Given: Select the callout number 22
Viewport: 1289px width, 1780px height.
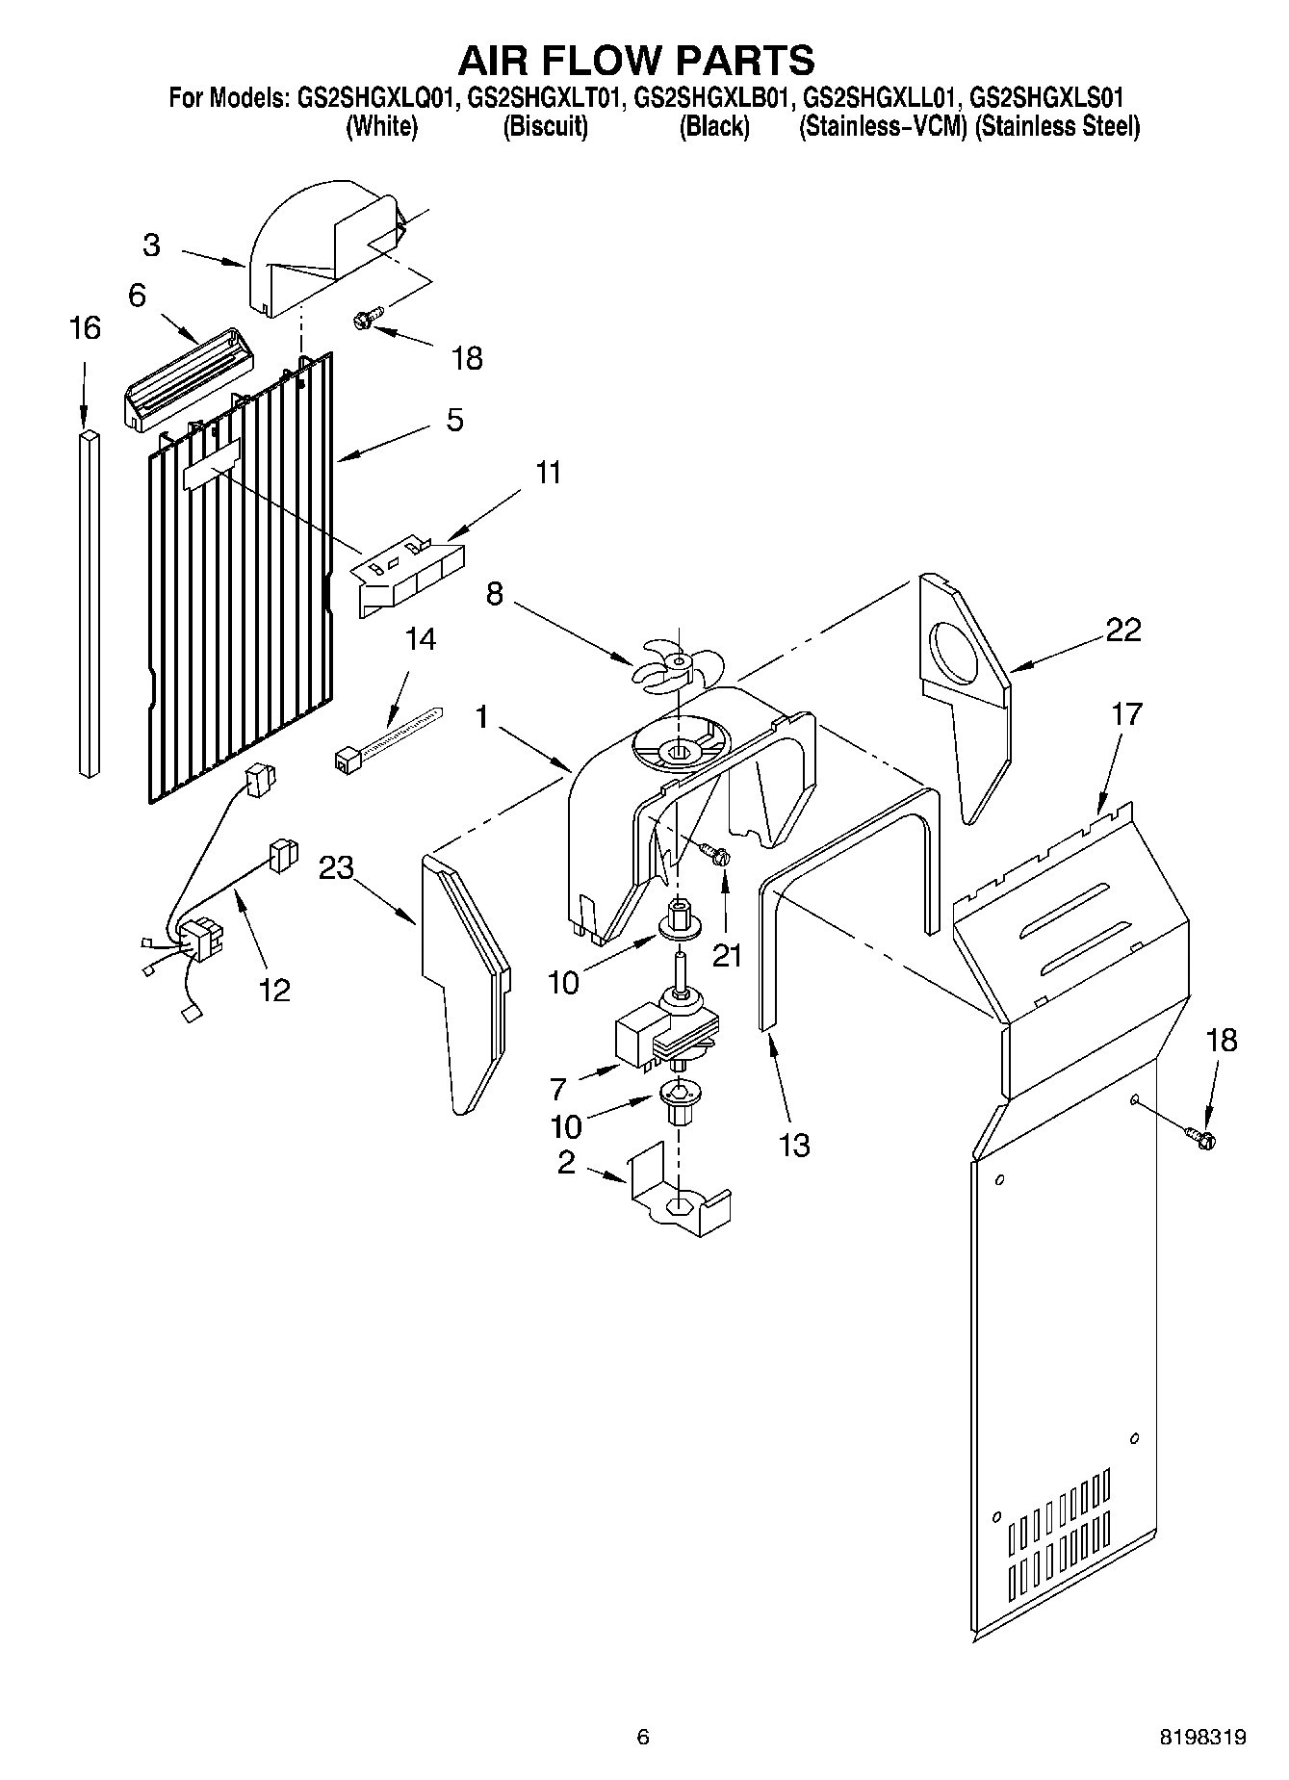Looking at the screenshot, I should coord(1122,630).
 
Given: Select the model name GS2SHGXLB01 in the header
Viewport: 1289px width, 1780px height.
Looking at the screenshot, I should coord(713,97).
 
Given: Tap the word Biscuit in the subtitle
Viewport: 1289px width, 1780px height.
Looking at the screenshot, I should coord(546,127).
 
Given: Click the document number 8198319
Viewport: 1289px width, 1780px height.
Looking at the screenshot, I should coord(1203,1738).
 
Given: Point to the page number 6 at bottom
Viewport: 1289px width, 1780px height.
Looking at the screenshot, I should coord(643,1738).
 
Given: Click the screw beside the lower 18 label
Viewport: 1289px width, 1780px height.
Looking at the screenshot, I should coord(1202,1138).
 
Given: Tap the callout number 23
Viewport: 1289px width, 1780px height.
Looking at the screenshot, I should coord(336,867).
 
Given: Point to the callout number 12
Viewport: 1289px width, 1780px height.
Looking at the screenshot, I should coord(274,990).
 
